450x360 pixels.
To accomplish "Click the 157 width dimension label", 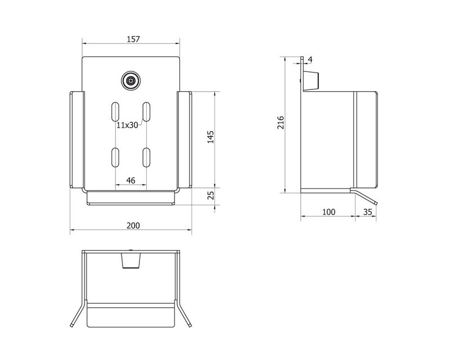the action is [x=133, y=39].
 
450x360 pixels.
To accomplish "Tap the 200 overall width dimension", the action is [x=133, y=226].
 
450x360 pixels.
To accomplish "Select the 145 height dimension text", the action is [x=210, y=137].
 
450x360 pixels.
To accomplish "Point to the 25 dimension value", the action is [x=210, y=195].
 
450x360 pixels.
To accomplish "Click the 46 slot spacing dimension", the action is [x=130, y=181].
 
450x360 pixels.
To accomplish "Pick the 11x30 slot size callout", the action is [x=128, y=125].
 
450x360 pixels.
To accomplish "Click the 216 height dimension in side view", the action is [x=280, y=123].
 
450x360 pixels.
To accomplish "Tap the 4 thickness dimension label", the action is [x=310, y=60].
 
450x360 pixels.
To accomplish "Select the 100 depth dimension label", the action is [x=328, y=212].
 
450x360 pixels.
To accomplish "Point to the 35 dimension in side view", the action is [x=368, y=212].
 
